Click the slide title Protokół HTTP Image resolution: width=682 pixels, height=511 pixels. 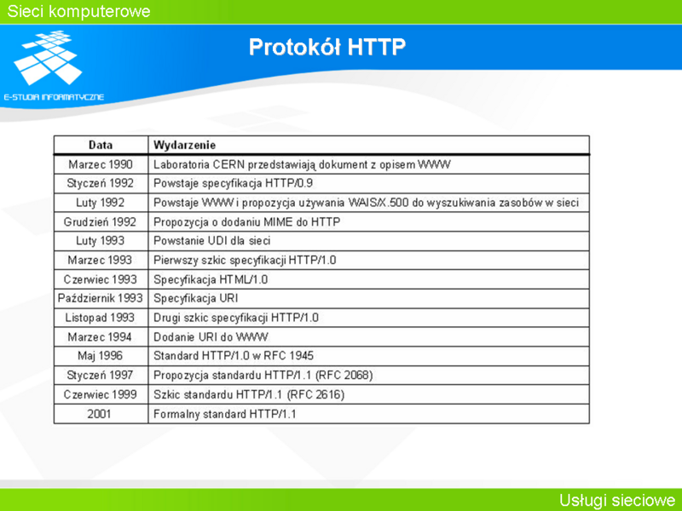pyautogui.click(x=327, y=47)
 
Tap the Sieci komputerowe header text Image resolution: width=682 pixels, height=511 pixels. pyautogui.click(x=78, y=11)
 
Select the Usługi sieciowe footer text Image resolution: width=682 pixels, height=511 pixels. pyautogui.click(x=617, y=500)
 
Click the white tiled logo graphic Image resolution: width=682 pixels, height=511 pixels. pyautogui.click(x=48, y=57)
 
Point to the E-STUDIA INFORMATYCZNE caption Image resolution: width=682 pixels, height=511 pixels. pyautogui.click(x=54, y=97)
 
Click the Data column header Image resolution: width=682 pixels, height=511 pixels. pyautogui.click(x=101, y=145)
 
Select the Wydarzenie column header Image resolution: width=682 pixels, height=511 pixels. pyautogui.click(x=184, y=145)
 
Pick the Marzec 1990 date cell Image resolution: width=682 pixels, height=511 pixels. pyautogui.click(x=101, y=164)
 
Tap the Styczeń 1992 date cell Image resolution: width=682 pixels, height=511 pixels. pyautogui.click(x=100, y=183)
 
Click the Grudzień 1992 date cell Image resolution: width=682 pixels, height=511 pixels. pyautogui.click(x=100, y=222)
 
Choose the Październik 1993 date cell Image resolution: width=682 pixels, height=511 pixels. pyautogui.click(x=100, y=299)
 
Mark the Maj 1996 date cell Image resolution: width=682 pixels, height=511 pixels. pyautogui.click(x=100, y=356)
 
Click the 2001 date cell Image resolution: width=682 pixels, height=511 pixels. pyautogui.click(x=99, y=414)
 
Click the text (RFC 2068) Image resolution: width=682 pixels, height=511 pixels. pyautogui.click(x=344, y=376)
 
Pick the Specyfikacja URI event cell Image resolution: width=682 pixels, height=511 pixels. pyautogui.click(x=196, y=299)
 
